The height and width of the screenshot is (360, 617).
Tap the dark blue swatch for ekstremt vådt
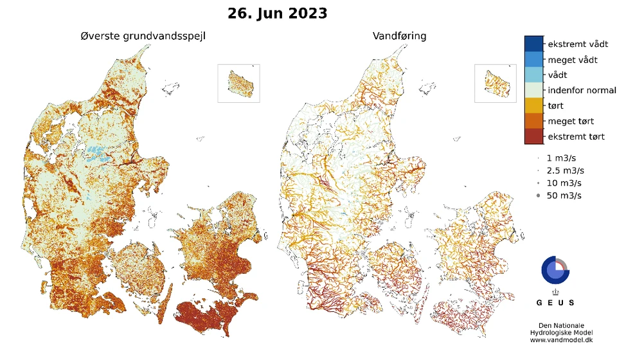[534, 44]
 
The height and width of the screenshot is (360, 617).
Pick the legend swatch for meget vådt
[534, 59]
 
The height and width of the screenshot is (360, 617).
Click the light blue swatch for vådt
[534, 75]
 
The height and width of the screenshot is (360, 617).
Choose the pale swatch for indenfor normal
[534, 90]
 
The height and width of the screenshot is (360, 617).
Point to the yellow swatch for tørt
[534, 105]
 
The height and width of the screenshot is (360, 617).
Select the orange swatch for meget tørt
[534, 121]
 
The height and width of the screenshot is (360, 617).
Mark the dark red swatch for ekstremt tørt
[534, 136]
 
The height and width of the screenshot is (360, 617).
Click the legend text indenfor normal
[582, 90]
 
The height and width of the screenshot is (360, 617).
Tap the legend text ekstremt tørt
[576, 136]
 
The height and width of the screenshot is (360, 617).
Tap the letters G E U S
[556, 302]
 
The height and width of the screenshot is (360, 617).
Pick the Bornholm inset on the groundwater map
[239, 83]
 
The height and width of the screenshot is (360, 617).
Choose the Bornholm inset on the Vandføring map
[496, 83]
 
